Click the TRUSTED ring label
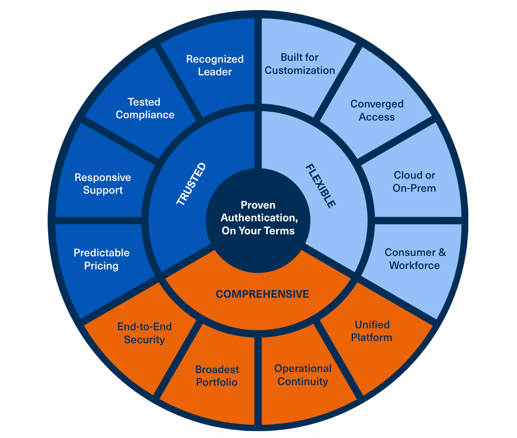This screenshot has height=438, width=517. pyautogui.click(x=191, y=184)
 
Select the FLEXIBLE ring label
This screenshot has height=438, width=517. pyautogui.click(x=321, y=185)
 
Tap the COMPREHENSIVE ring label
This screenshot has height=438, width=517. pyautogui.click(x=262, y=294)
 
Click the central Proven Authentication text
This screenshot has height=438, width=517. pyautogui.click(x=259, y=218)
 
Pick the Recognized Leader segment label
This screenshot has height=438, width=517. pyautogui.click(x=215, y=65)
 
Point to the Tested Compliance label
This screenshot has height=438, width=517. pyautogui.click(x=145, y=108)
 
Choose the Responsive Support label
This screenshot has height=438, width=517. pyautogui.click(x=103, y=184)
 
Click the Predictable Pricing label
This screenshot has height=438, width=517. pyautogui.click(x=102, y=259)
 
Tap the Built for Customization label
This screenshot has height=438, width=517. pyautogui.click(x=300, y=64)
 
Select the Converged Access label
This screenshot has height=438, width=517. pyautogui.click(x=377, y=110)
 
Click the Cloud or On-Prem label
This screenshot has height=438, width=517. pyautogui.click(x=415, y=181)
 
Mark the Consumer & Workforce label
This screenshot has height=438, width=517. pyautogui.click(x=415, y=259)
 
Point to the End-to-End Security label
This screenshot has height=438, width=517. pyautogui.click(x=144, y=333)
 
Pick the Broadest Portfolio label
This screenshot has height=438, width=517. pyautogui.click(x=217, y=376)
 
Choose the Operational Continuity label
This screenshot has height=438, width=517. pyautogui.click(x=303, y=375)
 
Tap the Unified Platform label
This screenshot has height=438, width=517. pyautogui.click(x=372, y=331)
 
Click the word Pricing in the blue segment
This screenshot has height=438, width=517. pyautogui.click(x=102, y=265)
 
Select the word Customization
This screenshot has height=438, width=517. pyautogui.click(x=300, y=70)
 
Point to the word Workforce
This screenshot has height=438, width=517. pyautogui.click(x=415, y=265)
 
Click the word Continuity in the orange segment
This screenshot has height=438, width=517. pyautogui.click(x=303, y=382)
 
